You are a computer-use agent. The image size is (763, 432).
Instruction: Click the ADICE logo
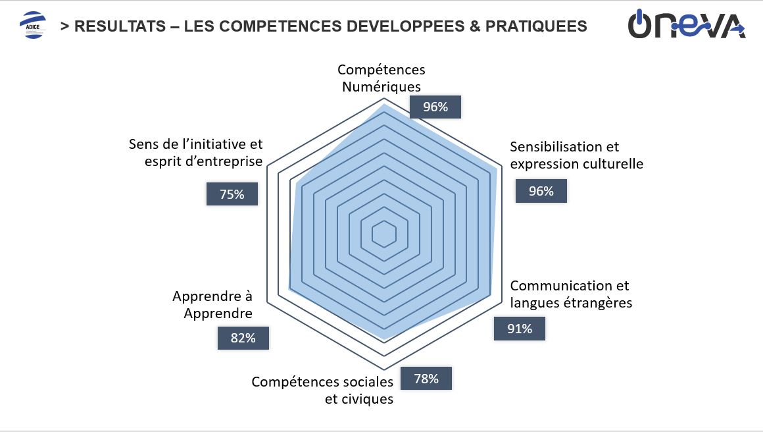34,26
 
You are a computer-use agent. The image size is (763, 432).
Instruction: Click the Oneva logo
686,25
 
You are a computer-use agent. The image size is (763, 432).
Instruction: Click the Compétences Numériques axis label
381,78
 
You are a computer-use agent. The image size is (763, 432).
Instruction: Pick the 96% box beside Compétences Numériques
435,107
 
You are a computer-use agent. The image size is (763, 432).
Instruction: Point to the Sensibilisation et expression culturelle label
576,155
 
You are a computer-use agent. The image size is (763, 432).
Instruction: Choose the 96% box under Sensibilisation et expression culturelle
541,191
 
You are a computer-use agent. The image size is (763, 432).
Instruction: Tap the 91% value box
520,328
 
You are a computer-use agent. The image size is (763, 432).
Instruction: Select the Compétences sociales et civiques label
323,390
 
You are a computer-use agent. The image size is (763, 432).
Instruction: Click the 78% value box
426,378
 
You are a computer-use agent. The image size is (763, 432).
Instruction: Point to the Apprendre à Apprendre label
212,305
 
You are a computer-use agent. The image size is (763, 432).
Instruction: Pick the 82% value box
243,338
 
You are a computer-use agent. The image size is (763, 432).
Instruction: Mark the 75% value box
232,194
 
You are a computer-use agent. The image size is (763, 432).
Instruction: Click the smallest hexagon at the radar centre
383,234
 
